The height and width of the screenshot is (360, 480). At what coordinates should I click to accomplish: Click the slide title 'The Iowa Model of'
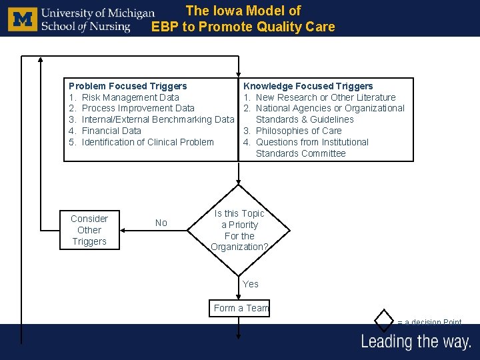(243, 11)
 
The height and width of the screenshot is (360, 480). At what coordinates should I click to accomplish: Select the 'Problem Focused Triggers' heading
(128, 86)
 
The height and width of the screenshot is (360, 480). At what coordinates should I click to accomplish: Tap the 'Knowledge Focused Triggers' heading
(308, 86)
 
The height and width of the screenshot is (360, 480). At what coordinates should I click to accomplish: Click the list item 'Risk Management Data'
(130, 97)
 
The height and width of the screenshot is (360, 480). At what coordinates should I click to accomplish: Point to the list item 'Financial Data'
(111, 131)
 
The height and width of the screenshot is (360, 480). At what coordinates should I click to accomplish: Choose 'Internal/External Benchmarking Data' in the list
(157, 119)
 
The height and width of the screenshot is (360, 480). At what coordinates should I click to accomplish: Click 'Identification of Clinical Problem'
(147, 142)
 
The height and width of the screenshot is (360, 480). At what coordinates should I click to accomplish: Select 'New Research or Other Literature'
(325, 97)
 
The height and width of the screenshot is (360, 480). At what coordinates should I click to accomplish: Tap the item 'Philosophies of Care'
(299, 131)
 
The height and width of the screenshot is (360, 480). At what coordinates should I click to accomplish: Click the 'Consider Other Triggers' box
(89, 230)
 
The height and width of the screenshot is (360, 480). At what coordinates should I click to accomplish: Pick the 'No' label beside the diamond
(161, 223)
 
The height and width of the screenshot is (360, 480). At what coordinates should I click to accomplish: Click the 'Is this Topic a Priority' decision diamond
(239, 230)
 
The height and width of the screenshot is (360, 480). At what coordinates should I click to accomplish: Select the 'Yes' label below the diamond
(251, 284)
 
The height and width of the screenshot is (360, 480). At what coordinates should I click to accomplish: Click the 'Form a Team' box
(241, 308)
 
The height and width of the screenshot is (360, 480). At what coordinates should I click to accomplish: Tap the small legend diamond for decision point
(385, 320)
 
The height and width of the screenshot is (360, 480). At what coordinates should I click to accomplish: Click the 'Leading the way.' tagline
(416, 342)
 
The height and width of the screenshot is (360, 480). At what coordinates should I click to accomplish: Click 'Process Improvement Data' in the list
(138, 108)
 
